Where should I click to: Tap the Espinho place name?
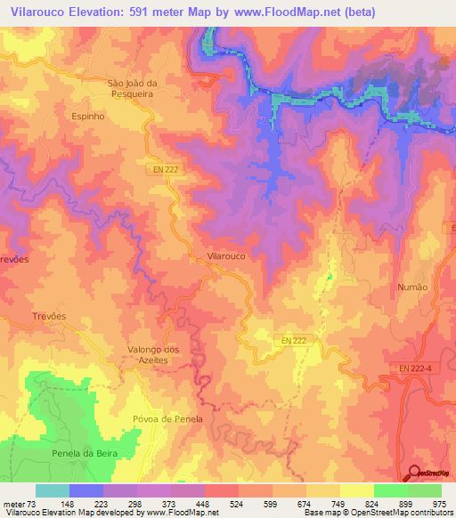pyautogui.click(x=87, y=116)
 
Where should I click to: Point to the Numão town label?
pyautogui.click(x=412, y=287)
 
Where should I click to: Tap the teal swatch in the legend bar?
pyautogui.click(x=52, y=490)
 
